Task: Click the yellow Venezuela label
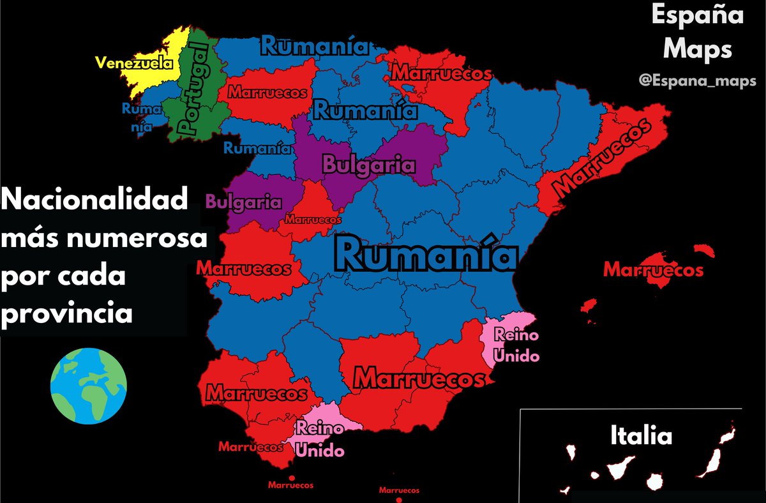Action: pyautogui.click(x=134, y=63)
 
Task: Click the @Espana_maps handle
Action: pyautogui.click(x=697, y=81)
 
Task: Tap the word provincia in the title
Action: pyautogui.click(x=67, y=313)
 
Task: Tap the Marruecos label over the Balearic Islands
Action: pyautogui.click(x=653, y=270)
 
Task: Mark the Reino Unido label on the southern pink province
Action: pyautogui.click(x=320, y=439)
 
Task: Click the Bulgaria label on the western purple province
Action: pyautogui.click(x=244, y=202)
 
